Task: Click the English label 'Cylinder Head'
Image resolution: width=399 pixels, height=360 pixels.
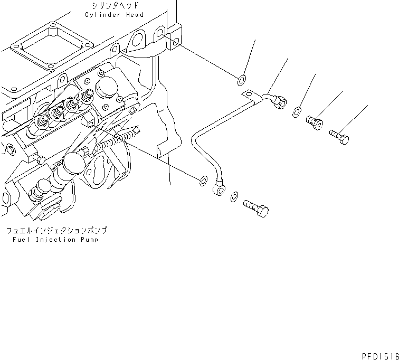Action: tap(114, 15)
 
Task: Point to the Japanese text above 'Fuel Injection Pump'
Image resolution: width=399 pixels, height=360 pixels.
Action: tap(56, 231)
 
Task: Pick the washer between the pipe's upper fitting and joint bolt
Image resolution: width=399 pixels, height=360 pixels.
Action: tap(297, 111)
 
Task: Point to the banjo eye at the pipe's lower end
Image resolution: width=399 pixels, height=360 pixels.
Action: tap(219, 186)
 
